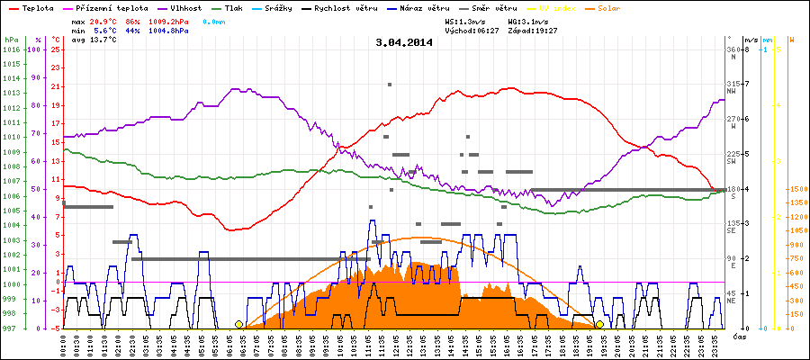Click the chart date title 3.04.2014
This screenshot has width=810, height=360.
tap(404, 42)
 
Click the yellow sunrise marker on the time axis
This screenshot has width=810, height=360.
tap(238, 324)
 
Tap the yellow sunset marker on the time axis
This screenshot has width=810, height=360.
tap(599, 324)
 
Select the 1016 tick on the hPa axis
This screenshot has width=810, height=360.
tap(11, 50)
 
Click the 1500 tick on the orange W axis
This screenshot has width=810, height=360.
tap(796, 190)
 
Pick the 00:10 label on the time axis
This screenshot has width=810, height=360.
tap(65, 344)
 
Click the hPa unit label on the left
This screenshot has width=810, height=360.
tap(9, 40)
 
